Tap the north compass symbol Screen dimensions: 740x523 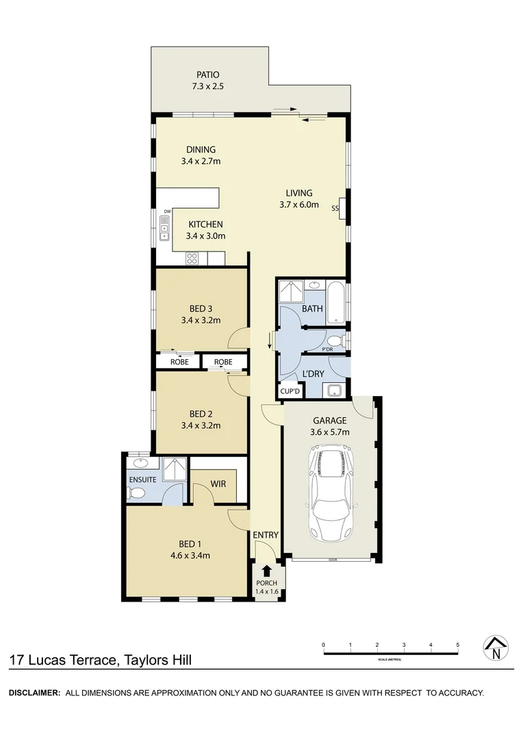(496, 647)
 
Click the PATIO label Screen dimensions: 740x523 (208, 75)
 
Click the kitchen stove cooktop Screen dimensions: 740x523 (193, 258)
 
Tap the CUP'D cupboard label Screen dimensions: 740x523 (290, 391)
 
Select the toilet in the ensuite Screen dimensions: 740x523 (137, 493)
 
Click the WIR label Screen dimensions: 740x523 (218, 484)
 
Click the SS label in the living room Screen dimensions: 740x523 (335, 208)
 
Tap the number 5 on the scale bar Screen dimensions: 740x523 (457, 645)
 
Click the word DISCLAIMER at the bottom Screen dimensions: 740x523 (34, 693)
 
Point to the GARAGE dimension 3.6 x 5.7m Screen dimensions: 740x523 (331, 432)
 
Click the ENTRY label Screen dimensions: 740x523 (266, 535)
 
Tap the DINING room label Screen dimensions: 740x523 (201, 149)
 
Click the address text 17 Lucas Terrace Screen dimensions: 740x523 (62, 661)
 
